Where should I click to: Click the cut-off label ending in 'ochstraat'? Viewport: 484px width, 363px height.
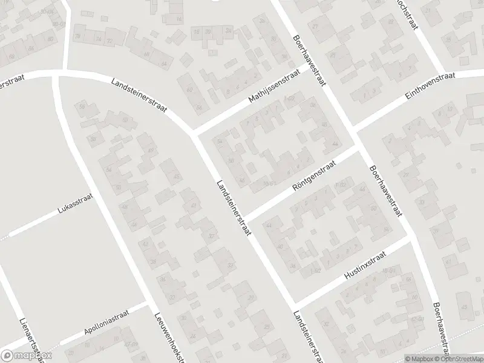pos(407,10)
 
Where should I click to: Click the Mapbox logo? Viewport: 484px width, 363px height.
pos(27,356)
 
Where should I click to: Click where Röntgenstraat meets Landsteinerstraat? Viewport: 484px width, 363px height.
pos(244,218)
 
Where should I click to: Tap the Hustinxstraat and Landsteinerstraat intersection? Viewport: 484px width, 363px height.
pos(294,302)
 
